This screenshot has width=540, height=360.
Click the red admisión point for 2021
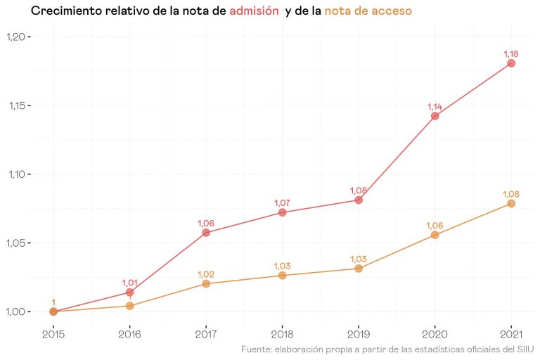(511, 63)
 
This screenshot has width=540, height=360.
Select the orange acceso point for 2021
(511, 203)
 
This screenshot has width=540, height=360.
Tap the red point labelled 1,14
(435, 116)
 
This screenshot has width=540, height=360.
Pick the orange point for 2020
(435, 235)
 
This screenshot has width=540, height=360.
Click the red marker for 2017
(206, 232)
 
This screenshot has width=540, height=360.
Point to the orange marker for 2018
(282, 276)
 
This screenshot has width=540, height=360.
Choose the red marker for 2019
(359, 200)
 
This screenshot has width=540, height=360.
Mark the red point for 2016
(130, 292)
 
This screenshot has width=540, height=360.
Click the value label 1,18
(511, 53)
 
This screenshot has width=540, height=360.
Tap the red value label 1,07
(282, 203)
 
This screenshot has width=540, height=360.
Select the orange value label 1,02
(206, 274)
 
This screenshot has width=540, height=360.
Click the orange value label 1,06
(435, 226)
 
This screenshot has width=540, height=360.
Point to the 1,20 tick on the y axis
(19, 37)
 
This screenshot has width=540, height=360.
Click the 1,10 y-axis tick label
(19, 174)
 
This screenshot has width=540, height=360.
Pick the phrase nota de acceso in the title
(368, 12)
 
